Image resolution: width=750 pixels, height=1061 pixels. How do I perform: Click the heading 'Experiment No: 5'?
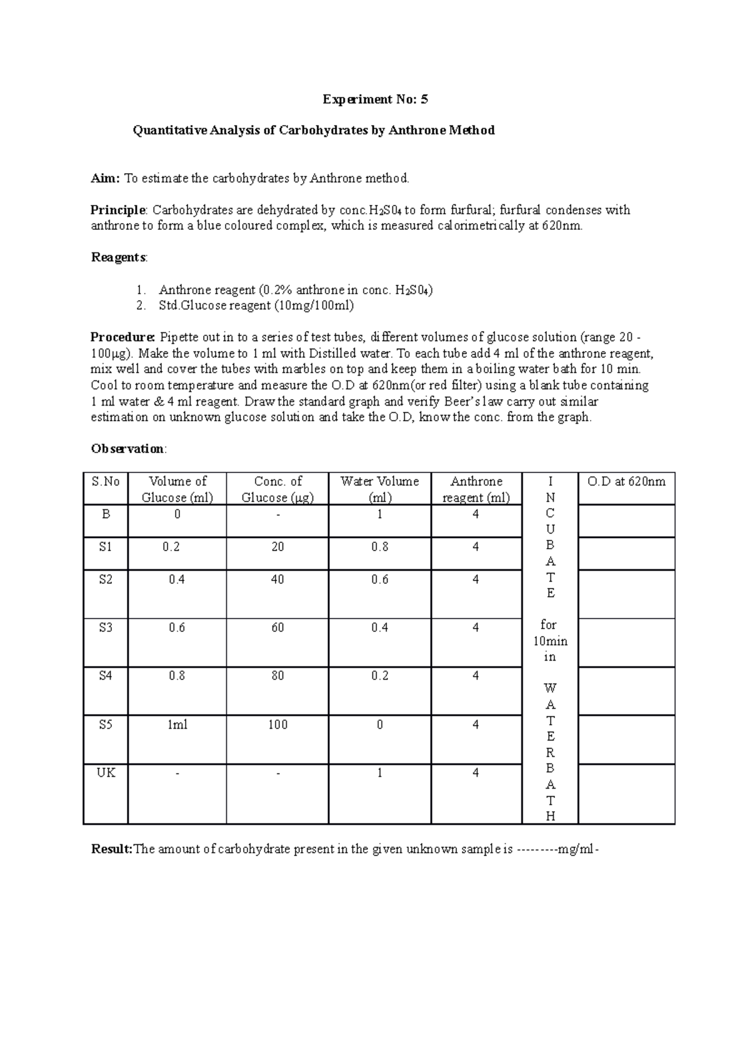(x=375, y=99)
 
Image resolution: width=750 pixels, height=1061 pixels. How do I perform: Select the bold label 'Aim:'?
(x=105, y=178)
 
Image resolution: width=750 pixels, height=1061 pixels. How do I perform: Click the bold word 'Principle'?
(x=117, y=210)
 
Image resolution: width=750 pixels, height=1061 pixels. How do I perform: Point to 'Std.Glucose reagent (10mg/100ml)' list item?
(x=256, y=306)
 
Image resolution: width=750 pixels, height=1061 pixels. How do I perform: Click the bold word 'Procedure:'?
(x=122, y=337)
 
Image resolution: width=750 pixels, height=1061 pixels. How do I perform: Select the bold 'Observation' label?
(x=127, y=449)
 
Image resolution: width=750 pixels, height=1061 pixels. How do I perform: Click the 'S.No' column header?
(x=106, y=482)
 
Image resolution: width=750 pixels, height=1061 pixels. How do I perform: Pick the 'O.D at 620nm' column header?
(x=627, y=482)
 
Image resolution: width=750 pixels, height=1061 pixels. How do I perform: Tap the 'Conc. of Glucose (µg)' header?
(x=277, y=489)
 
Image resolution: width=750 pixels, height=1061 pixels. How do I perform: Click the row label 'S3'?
(x=106, y=627)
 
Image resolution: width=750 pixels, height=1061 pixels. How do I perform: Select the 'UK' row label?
(x=106, y=772)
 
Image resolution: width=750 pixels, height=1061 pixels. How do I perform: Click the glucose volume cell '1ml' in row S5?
(x=177, y=725)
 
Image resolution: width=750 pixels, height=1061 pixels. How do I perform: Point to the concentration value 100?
(x=277, y=725)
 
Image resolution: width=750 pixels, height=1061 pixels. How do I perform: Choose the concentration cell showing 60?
(x=277, y=627)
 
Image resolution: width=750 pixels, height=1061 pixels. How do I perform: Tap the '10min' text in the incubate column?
(x=550, y=641)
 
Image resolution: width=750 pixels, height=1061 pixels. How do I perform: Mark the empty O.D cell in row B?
(x=627, y=521)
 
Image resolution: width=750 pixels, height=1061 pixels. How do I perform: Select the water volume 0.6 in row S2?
(x=379, y=580)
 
